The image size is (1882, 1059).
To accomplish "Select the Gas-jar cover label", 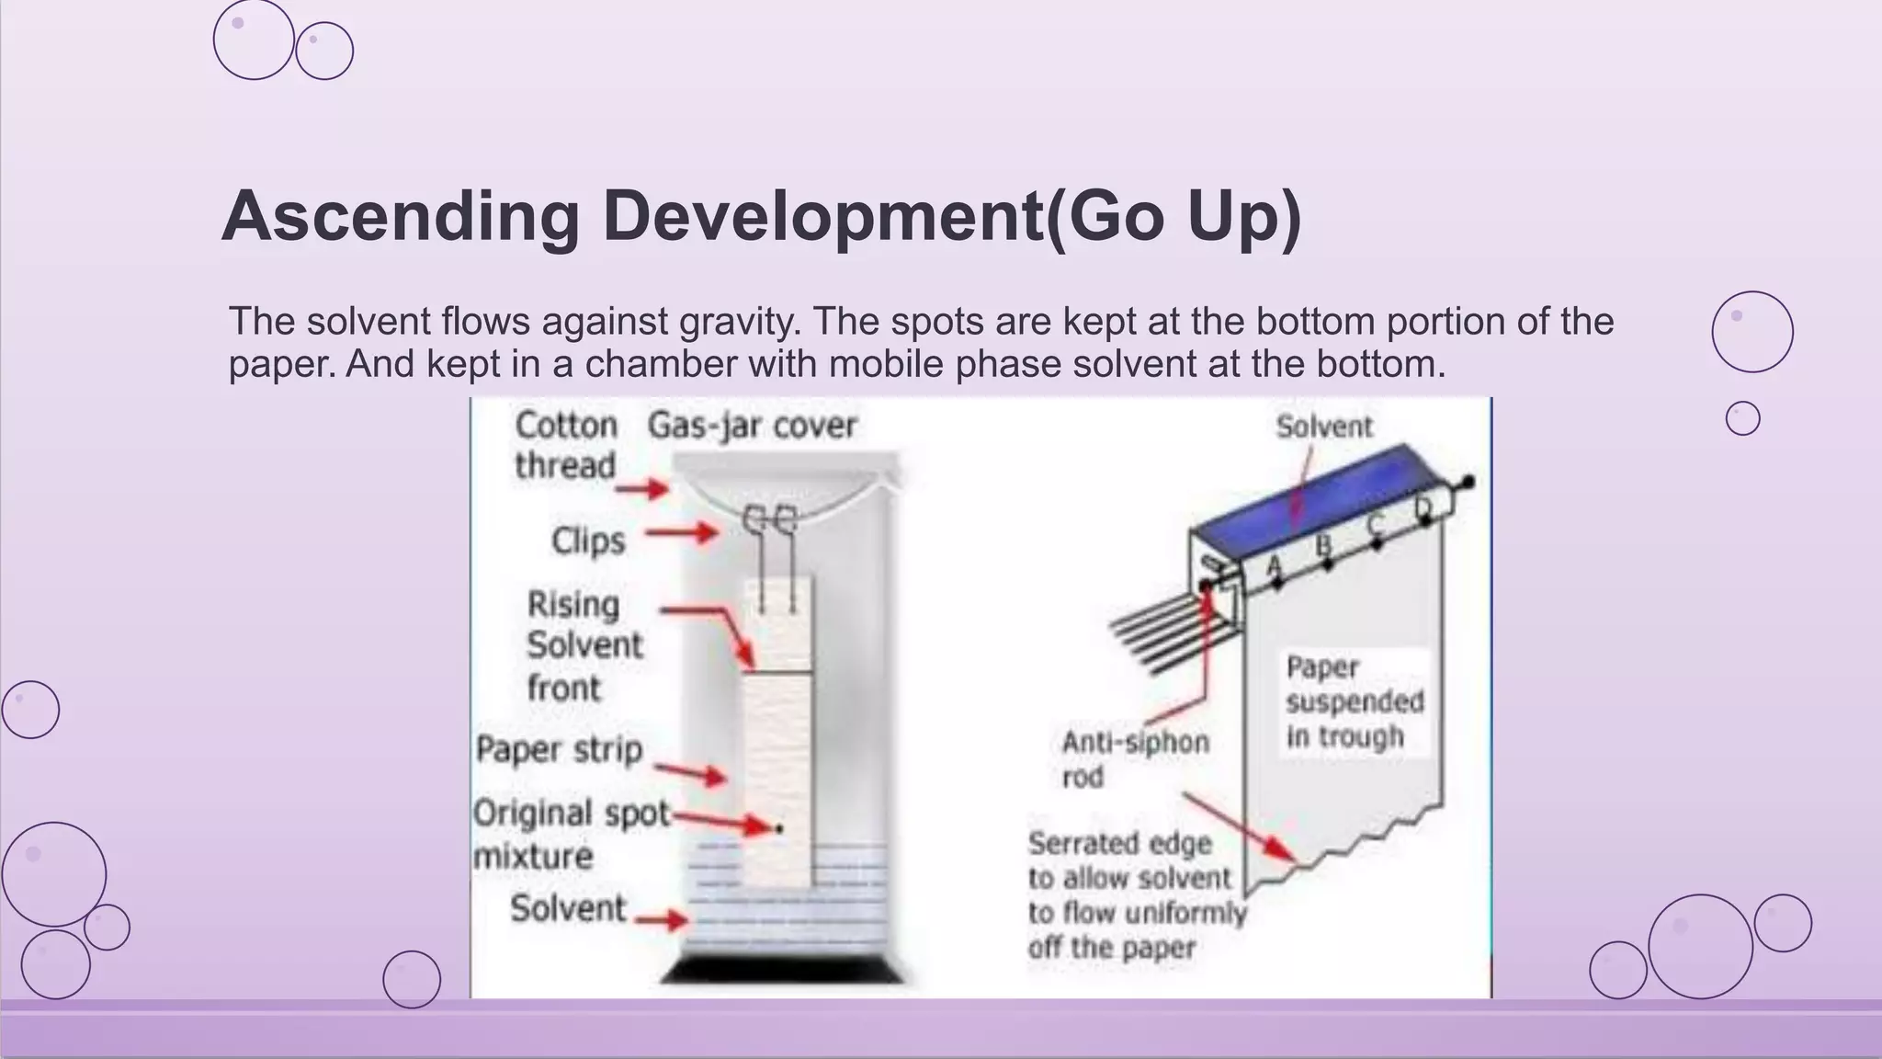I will click(x=752, y=426).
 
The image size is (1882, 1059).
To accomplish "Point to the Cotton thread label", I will click(x=565, y=445).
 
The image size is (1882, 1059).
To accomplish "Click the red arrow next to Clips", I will click(x=681, y=532).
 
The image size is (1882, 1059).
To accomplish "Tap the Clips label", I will click(x=588, y=541).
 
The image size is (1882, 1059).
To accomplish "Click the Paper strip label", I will click(x=559, y=749).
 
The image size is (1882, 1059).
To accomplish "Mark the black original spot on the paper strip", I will click(x=780, y=828).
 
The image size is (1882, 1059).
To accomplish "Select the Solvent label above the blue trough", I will click(x=1323, y=427).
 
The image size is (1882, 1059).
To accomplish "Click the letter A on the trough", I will click(x=1275, y=564).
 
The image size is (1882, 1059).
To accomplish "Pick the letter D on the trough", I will click(x=1423, y=507).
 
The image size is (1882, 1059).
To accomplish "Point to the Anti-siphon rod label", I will click(x=1134, y=759).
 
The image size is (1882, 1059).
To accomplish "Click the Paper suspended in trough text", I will click(x=1353, y=701).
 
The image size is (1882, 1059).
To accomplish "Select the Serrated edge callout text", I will click(x=1135, y=894).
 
